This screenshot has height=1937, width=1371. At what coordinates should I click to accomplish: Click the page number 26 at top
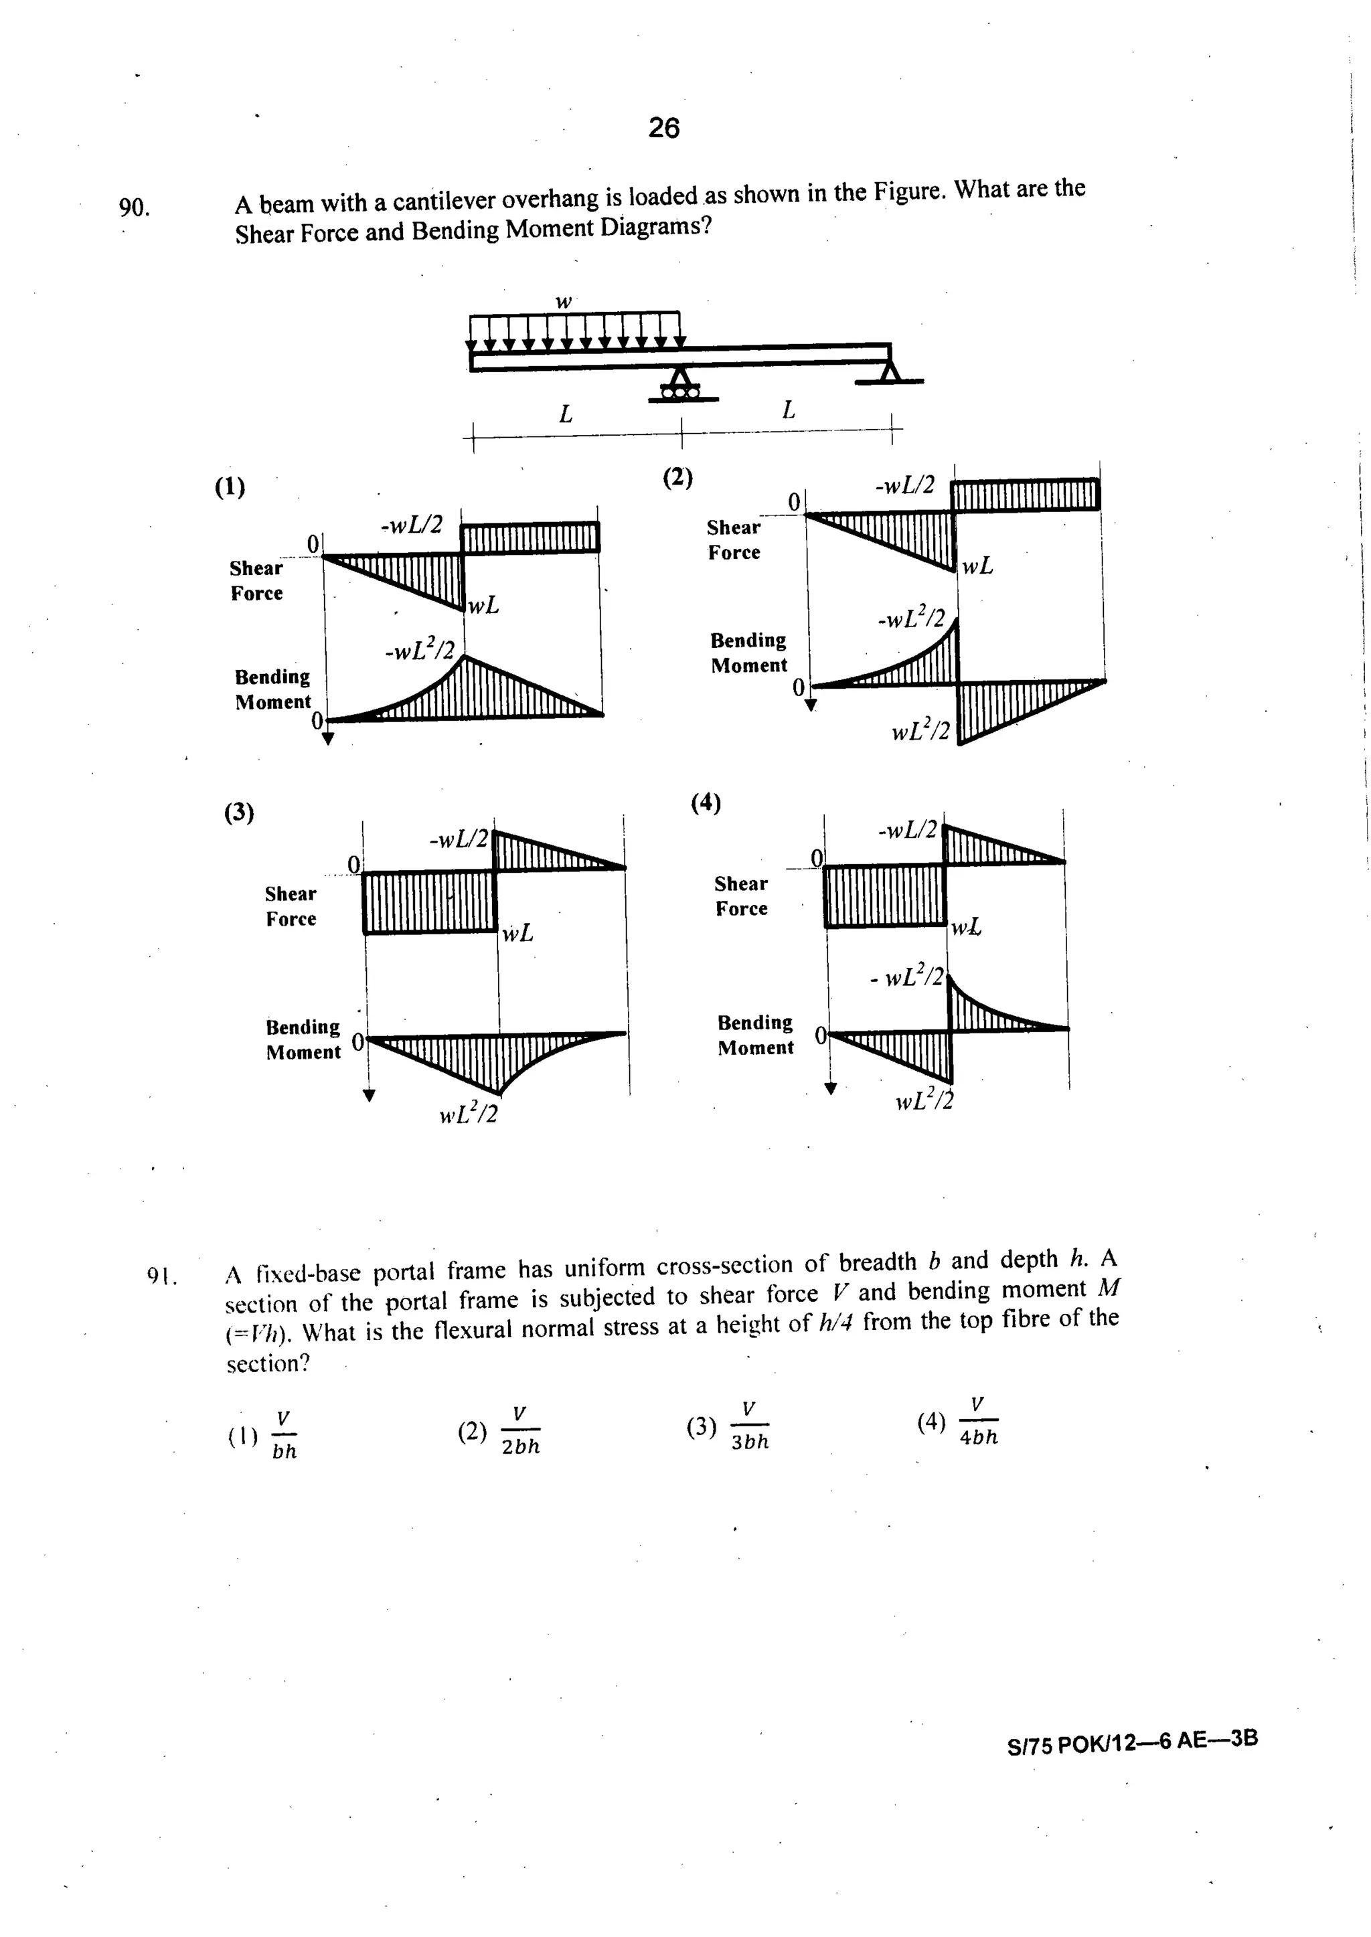pos(663,129)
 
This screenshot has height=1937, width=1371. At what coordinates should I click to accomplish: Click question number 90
pos(133,207)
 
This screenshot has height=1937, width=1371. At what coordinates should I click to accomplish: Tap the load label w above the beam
pos(563,301)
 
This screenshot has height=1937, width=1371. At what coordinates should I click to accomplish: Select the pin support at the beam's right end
pos(888,371)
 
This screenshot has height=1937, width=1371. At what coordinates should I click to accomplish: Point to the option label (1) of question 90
pos(230,487)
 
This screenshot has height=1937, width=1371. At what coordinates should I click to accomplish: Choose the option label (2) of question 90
pos(677,478)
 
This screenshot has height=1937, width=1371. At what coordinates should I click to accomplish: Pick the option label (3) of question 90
pos(239,812)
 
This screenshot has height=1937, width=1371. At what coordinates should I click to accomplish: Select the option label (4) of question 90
pos(706,802)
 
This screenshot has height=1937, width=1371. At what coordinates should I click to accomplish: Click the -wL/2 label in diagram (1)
pos(413,525)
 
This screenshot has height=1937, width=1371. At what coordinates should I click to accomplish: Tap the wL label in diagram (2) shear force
pos(977,566)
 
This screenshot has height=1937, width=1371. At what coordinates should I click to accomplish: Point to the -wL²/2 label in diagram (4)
pos(908,977)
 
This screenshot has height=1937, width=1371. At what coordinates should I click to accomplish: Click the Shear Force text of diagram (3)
pos(291,906)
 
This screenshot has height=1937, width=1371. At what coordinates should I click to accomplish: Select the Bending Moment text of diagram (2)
pos(749,653)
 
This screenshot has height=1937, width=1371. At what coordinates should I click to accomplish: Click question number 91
pos(161,1276)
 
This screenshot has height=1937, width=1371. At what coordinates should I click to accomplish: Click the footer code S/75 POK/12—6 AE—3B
pos(1132,1741)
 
